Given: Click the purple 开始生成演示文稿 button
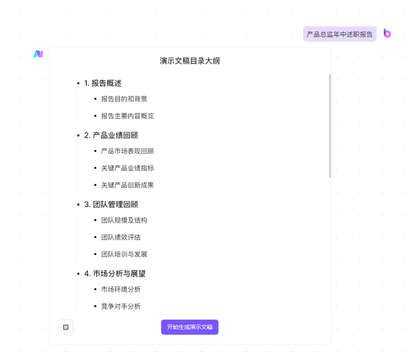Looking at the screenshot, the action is click(x=190, y=327).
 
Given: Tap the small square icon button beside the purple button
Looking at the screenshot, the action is click(x=66, y=327).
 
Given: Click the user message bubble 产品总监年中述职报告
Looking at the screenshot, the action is click(x=339, y=34).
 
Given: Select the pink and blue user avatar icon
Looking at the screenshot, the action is click(x=387, y=33).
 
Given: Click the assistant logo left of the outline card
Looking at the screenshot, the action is click(x=38, y=54).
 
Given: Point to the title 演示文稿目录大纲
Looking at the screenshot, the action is click(x=190, y=61).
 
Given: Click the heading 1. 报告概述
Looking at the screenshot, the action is click(x=103, y=83).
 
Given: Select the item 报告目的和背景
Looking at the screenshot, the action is click(x=124, y=99).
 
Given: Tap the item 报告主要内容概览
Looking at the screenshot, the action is click(x=128, y=116).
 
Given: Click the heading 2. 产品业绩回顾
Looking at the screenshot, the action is click(x=111, y=135).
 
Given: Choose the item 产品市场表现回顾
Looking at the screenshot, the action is click(x=128, y=151).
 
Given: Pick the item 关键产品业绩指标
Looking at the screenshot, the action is click(x=128, y=168).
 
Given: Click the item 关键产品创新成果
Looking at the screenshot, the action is click(x=128, y=185).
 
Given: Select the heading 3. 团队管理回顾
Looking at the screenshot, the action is click(x=111, y=205).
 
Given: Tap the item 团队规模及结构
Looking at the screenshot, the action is click(x=124, y=220).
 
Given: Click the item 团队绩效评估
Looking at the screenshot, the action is click(x=121, y=237).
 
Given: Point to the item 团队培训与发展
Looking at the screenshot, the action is click(x=124, y=254).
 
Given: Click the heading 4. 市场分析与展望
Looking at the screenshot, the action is click(x=115, y=274).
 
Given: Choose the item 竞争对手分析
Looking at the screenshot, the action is click(x=121, y=307).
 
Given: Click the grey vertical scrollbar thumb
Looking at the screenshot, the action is click(x=330, y=126).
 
